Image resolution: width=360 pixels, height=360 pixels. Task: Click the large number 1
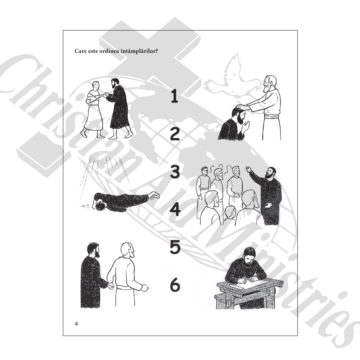click(x=174, y=96)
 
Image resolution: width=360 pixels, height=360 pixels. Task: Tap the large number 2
click(x=175, y=134)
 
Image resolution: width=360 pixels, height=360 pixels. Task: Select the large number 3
click(x=175, y=171)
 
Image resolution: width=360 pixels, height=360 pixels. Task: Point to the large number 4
click(x=175, y=209)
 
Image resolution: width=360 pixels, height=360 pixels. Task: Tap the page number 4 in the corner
click(x=77, y=324)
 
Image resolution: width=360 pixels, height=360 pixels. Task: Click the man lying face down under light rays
click(x=126, y=201)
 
